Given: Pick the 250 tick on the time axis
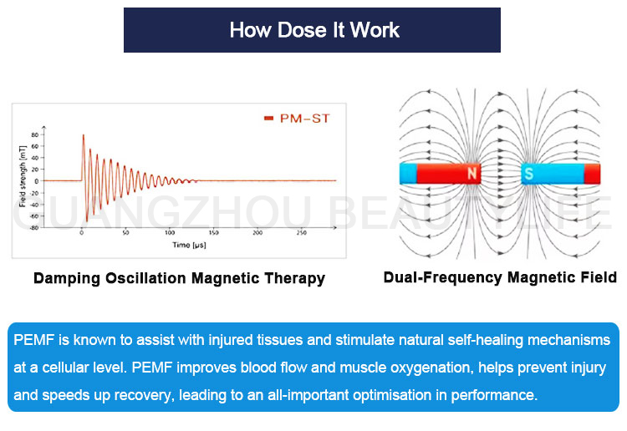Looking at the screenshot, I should tap(301, 233).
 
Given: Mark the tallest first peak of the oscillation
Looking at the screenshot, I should tap(83, 134).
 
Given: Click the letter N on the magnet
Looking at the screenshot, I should tap(472, 175).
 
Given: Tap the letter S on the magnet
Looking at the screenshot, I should tap(528, 175).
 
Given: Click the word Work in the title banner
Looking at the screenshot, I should tap(375, 31).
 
